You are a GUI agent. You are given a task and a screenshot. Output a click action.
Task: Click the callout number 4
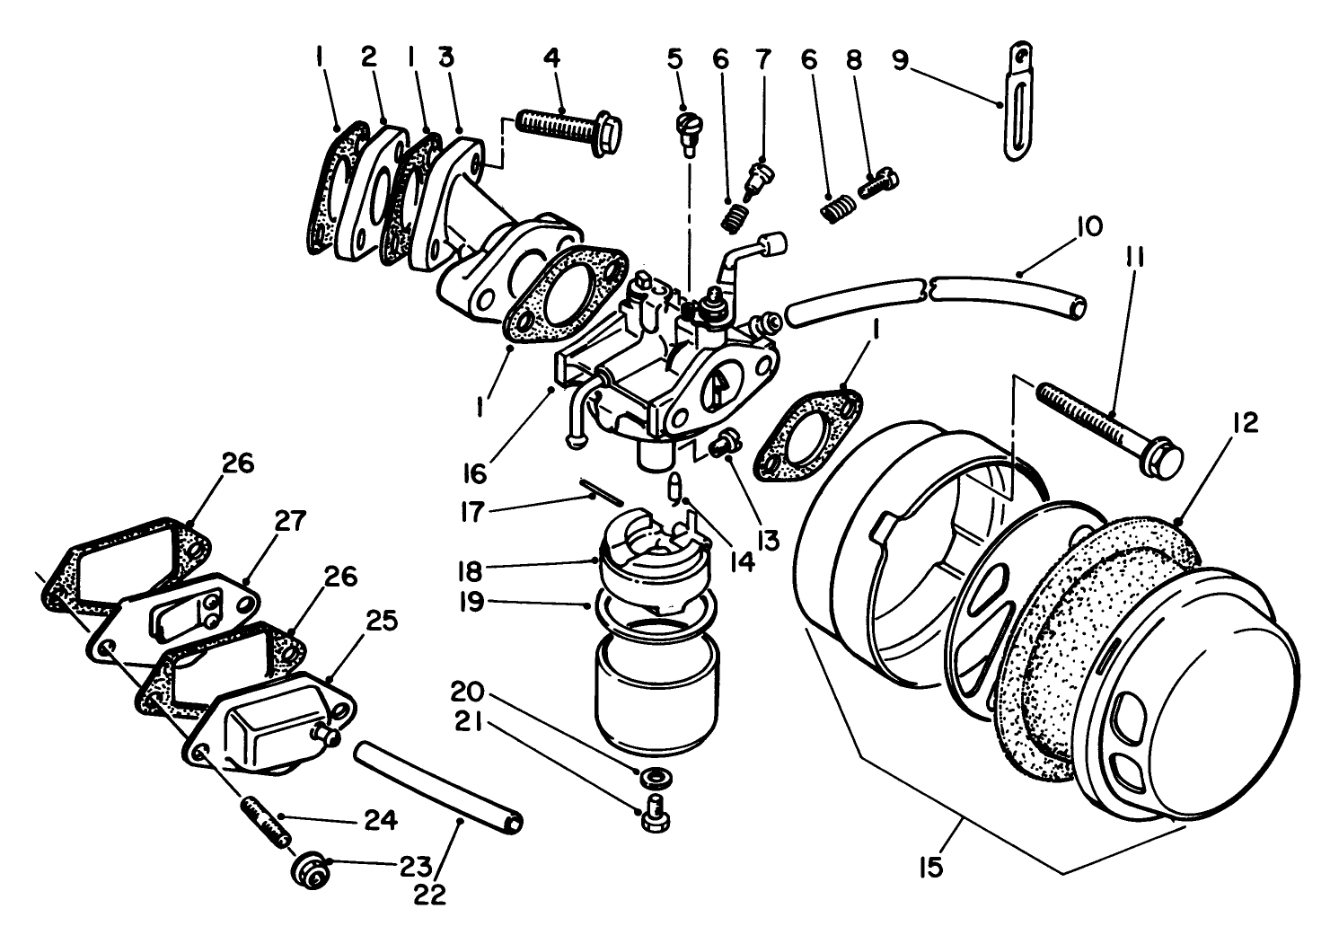551,58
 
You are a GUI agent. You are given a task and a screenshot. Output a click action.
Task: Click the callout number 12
1246,422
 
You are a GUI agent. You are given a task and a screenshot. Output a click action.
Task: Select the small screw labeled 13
724,442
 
